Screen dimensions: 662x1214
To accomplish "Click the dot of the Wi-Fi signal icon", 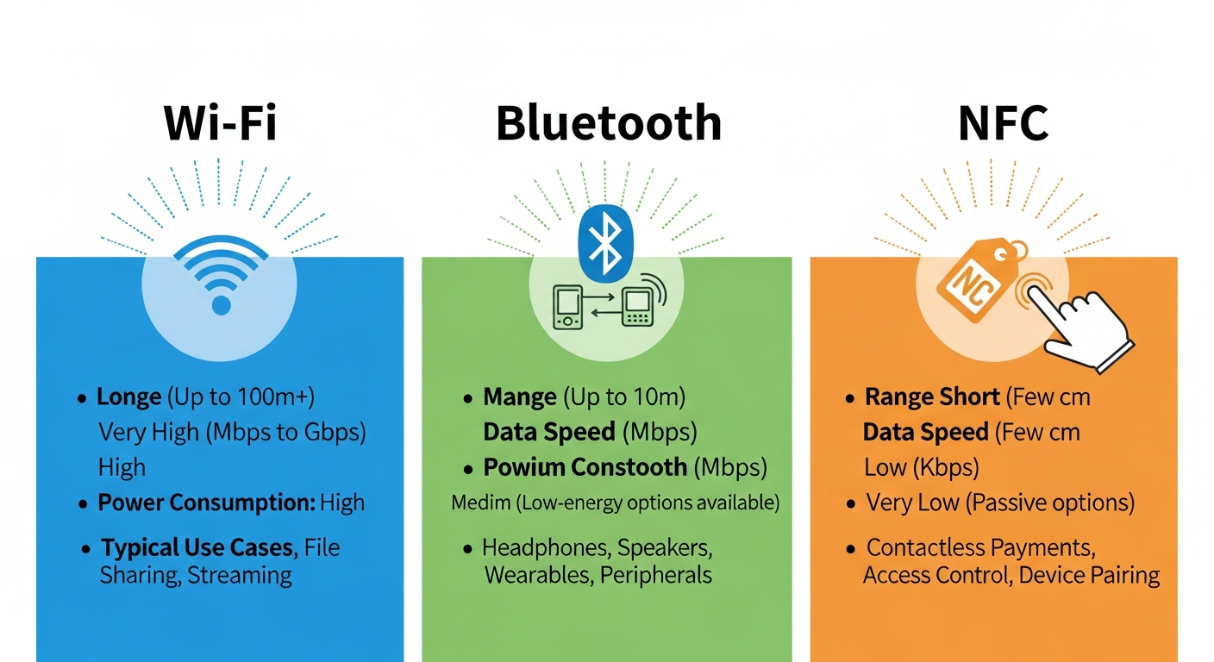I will coord(221,304).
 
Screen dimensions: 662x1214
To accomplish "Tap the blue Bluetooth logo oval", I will coord(606,242).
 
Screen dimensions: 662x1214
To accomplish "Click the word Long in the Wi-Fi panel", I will coord(128,397).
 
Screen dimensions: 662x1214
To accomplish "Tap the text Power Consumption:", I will coord(205,503).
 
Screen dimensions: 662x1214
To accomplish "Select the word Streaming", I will coord(240,575).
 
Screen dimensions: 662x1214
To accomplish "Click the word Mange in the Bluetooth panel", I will coord(520,397).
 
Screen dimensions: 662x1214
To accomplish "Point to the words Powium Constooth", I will coord(585,467).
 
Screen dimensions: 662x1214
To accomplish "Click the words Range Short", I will coord(932,397).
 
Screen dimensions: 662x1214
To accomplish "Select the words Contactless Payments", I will coord(979,547).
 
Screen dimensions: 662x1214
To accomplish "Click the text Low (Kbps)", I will coord(921,467).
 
